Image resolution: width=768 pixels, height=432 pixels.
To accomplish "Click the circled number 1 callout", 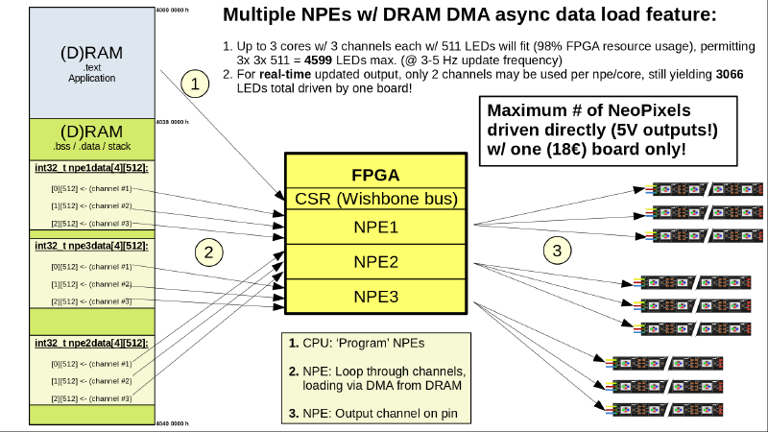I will pos(196,84).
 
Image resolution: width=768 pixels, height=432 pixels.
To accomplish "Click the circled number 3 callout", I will pos(558,252).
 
